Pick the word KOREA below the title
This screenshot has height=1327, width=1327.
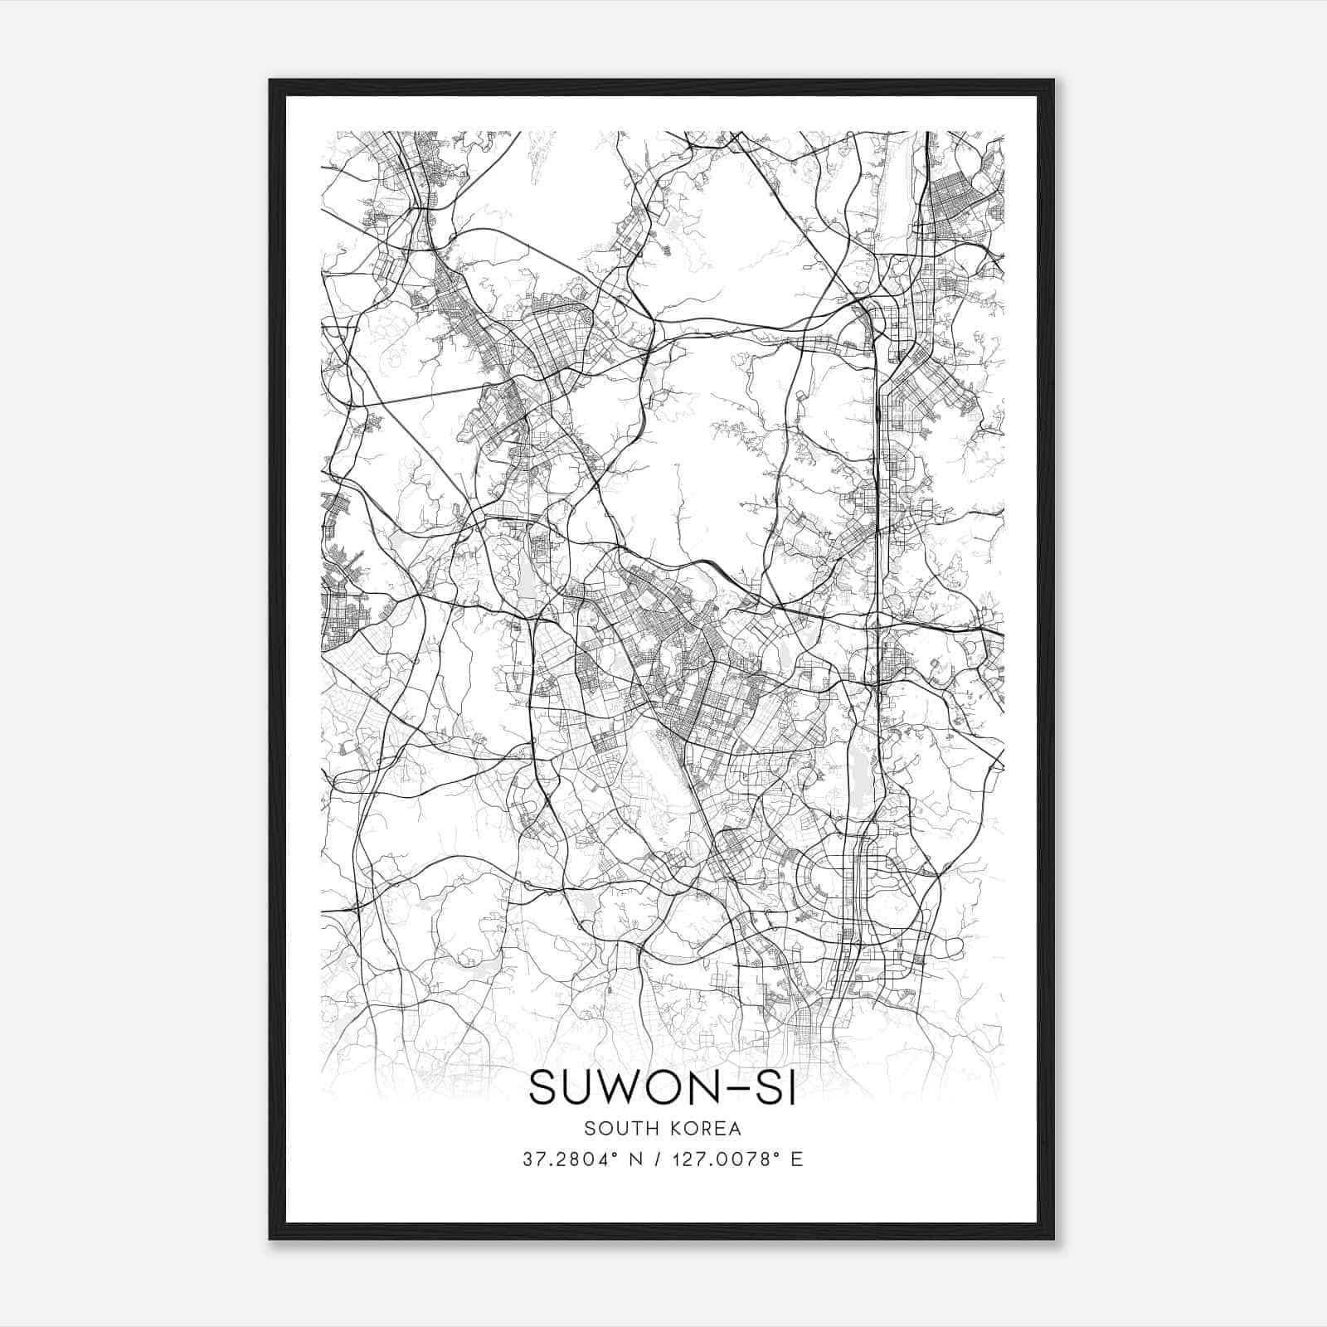[x=705, y=1128]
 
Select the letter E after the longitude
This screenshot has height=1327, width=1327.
[x=797, y=1159]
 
